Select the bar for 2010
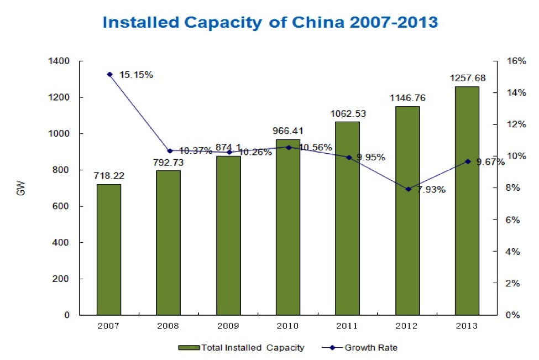pos(288,227)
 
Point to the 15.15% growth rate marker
pos(109,74)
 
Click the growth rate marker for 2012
pos(408,189)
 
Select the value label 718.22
pos(108,175)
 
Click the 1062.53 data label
pos(348,113)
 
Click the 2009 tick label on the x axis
pos(228,326)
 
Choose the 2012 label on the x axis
pos(407,326)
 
